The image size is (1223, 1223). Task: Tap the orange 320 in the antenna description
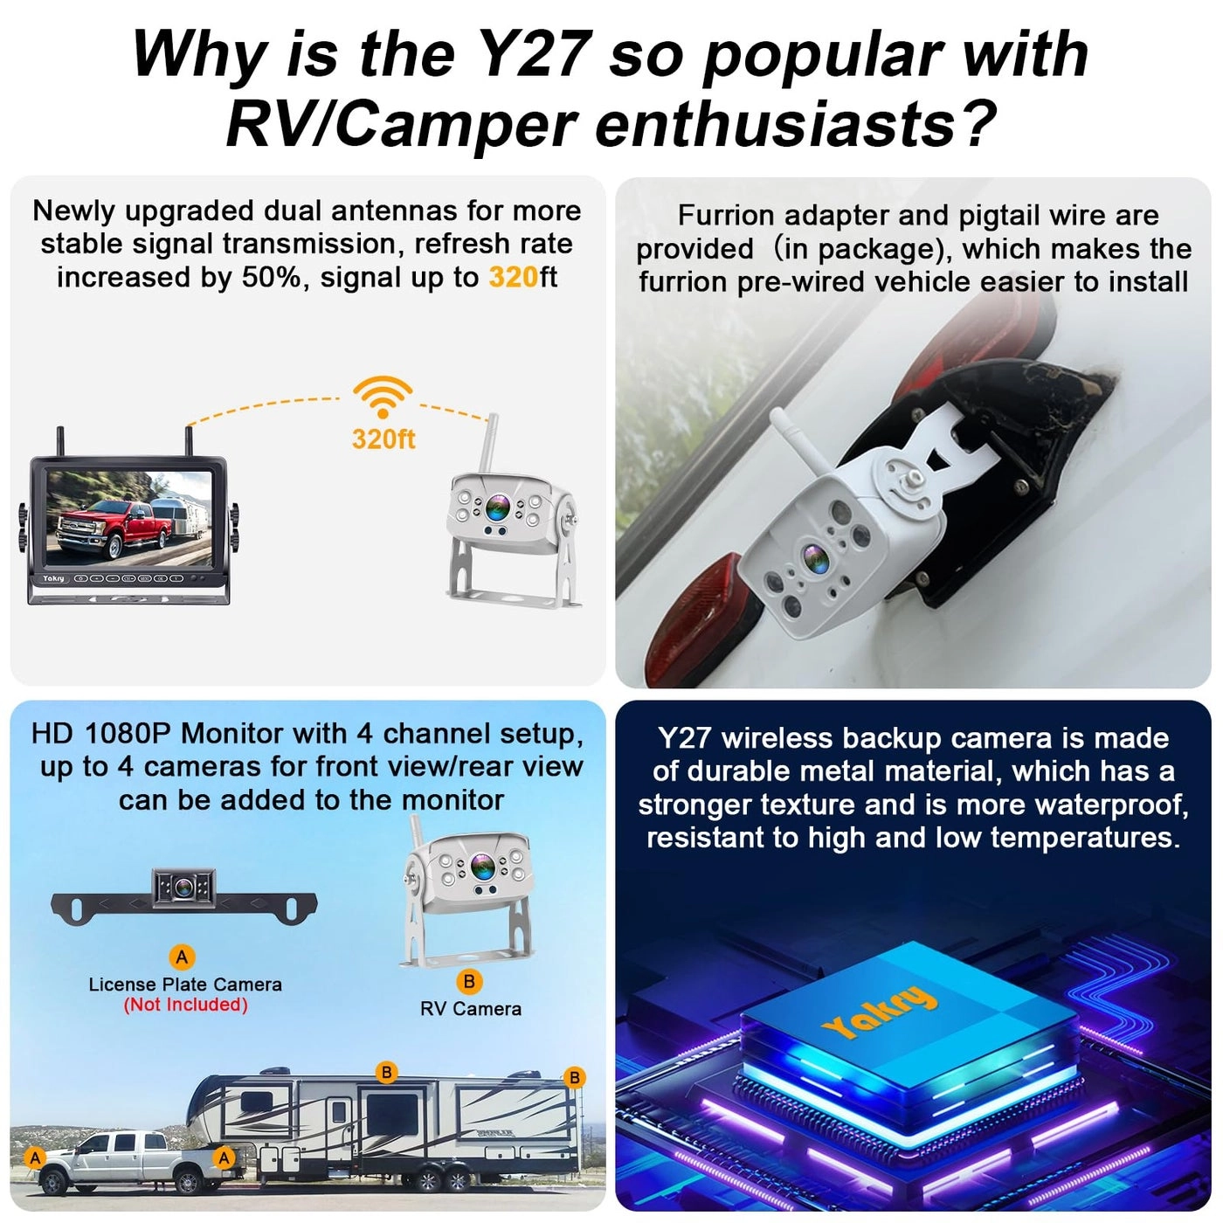point(513,278)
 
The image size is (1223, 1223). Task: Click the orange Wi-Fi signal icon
point(382,397)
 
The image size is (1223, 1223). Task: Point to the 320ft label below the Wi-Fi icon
point(383,439)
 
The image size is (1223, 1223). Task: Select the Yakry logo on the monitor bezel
point(53,579)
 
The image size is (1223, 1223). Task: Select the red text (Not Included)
point(185,1005)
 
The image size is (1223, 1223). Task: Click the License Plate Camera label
point(185,985)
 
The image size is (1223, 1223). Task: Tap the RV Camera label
point(470,1008)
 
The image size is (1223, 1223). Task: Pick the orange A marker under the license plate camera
point(183,957)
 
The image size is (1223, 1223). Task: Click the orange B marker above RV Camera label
point(469,981)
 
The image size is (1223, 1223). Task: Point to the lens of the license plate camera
point(184,888)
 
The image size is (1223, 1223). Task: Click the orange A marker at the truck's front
point(36,1157)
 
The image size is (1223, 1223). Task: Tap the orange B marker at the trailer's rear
point(574,1077)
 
